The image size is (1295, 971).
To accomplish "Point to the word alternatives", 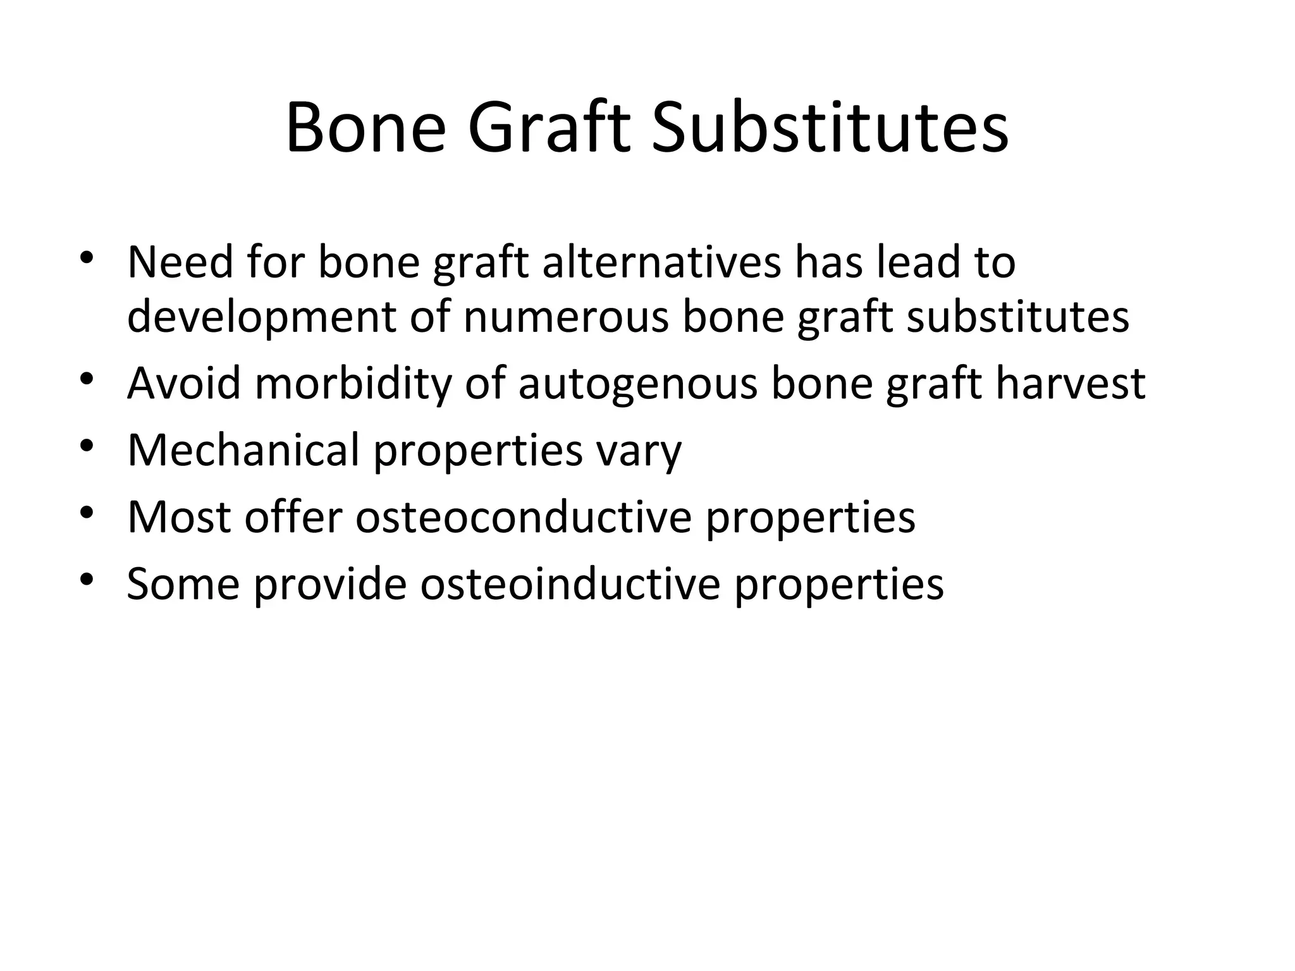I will pyautogui.click(x=661, y=262).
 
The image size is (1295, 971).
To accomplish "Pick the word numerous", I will pyautogui.click(x=566, y=318).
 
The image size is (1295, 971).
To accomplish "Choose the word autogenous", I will pyautogui.click(x=638, y=384).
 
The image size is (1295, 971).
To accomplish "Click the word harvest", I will pyautogui.click(x=1071, y=384).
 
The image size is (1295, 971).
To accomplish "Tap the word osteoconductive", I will pyautogui.click(x=524, y=517).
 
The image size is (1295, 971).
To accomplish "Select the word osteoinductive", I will pyautogui.click(x=570, y=583).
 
